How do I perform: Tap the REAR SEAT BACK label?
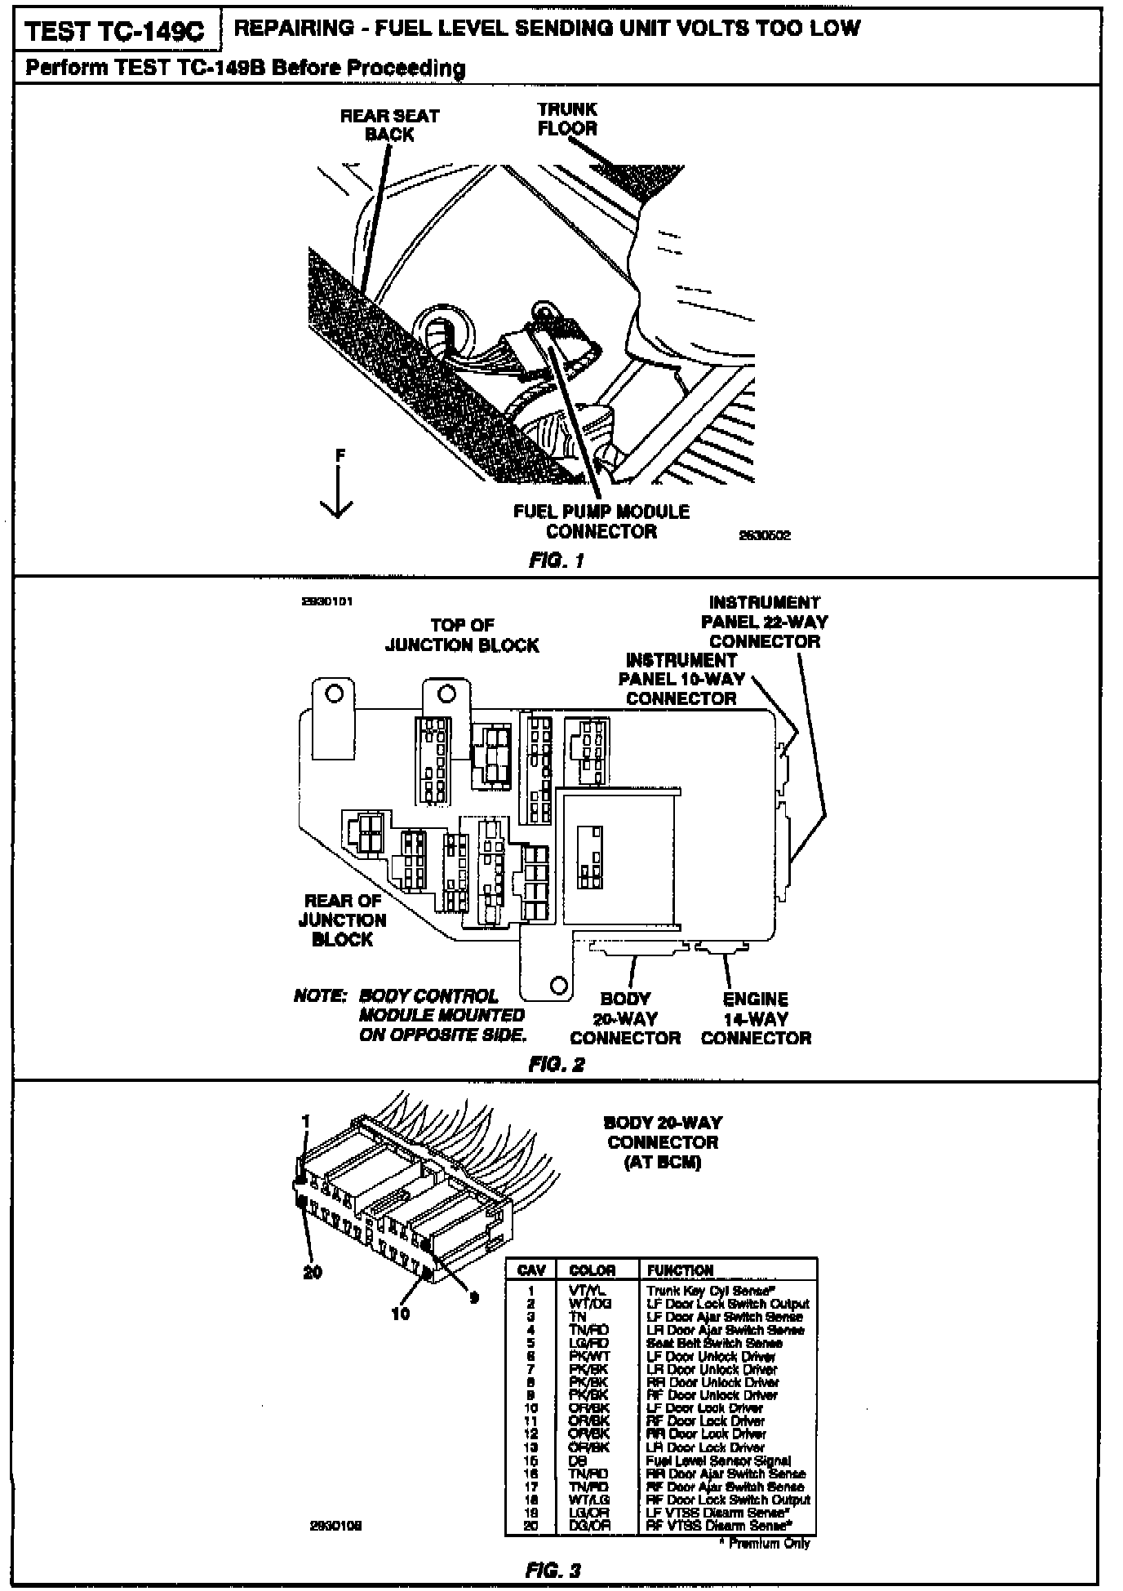(x=389, y=125)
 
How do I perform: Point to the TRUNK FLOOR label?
(x=567, y=118)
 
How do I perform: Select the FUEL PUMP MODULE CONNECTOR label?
(x=601, y=521)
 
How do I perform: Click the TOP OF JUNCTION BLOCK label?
(x=462, y=635)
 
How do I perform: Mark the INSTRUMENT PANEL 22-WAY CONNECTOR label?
(x=764, y=622)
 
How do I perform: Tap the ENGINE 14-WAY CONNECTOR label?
(x=756, y=1018)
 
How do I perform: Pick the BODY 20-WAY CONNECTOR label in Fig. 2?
(x=625, y=1018)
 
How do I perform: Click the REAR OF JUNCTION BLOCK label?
(x=342, y=920)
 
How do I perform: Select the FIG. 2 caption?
(x=557, y=1064)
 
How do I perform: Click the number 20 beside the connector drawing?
(x=313, y=1272)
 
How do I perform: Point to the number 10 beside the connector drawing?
(x=401, y=1313)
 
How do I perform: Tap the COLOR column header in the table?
(x=593, y=1270)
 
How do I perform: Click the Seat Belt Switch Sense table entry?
(x=714, y=1343)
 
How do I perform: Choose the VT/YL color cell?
(x=588, y=1291)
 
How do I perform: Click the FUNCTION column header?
(x=680, y=1270)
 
